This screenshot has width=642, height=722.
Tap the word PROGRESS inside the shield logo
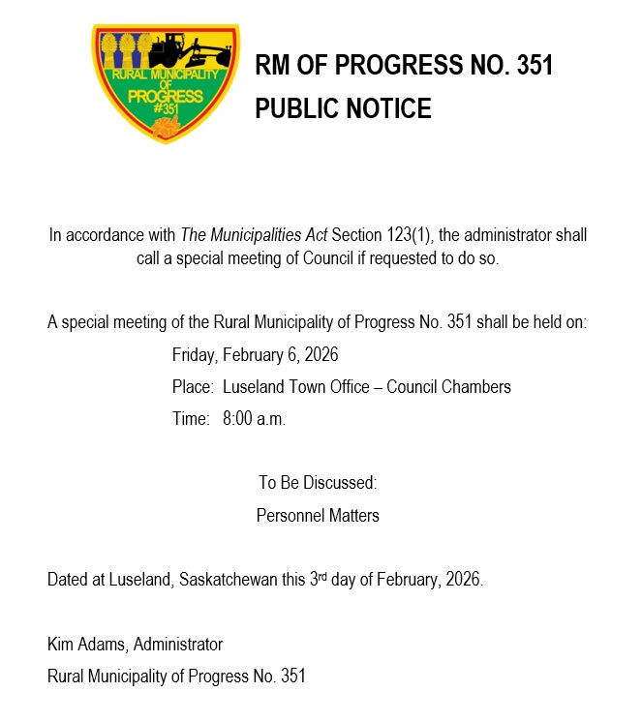point(166,97)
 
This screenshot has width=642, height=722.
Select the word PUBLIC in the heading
point(291,108)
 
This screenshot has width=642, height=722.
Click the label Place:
point(193,387)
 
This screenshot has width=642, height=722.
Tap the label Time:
point(191,419)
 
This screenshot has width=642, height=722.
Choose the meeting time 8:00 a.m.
point(254,419)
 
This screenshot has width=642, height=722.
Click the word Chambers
point(475,387)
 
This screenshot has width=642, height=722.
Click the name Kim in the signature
point(60,644)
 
